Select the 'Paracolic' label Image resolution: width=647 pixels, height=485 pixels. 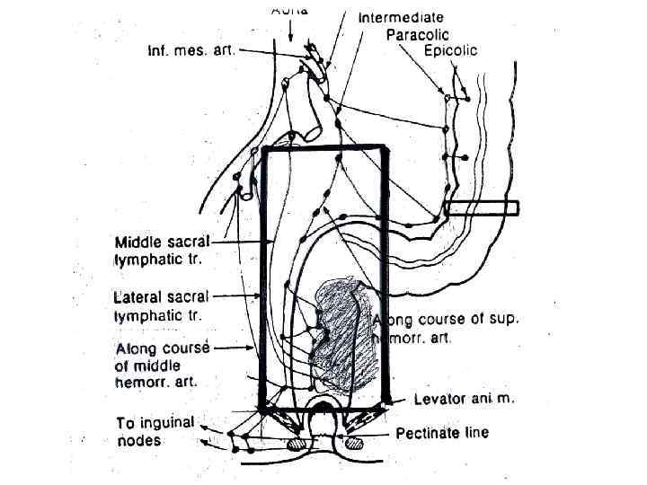[417, 34]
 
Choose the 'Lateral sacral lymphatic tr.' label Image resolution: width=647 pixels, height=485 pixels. [162, 305]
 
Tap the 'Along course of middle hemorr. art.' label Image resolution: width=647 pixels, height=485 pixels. [163, 365]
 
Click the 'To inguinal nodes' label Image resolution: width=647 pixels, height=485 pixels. [155, 431]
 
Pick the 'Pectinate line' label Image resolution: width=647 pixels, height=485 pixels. [443, 433]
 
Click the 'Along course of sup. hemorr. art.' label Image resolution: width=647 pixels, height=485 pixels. [446, 328]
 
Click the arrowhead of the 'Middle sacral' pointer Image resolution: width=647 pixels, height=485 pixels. [273, 242]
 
